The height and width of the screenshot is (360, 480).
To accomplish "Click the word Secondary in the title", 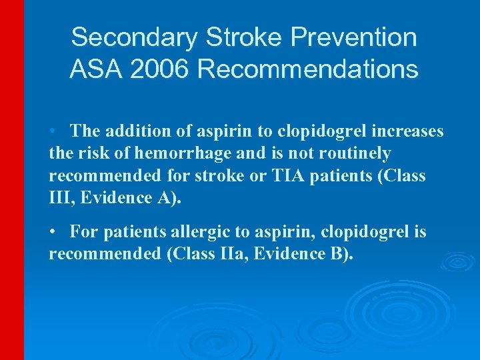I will tap(117, 37).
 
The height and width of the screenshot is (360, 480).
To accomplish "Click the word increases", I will tap(409, 131).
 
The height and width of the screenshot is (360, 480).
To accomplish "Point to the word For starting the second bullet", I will tap(83, 232).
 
